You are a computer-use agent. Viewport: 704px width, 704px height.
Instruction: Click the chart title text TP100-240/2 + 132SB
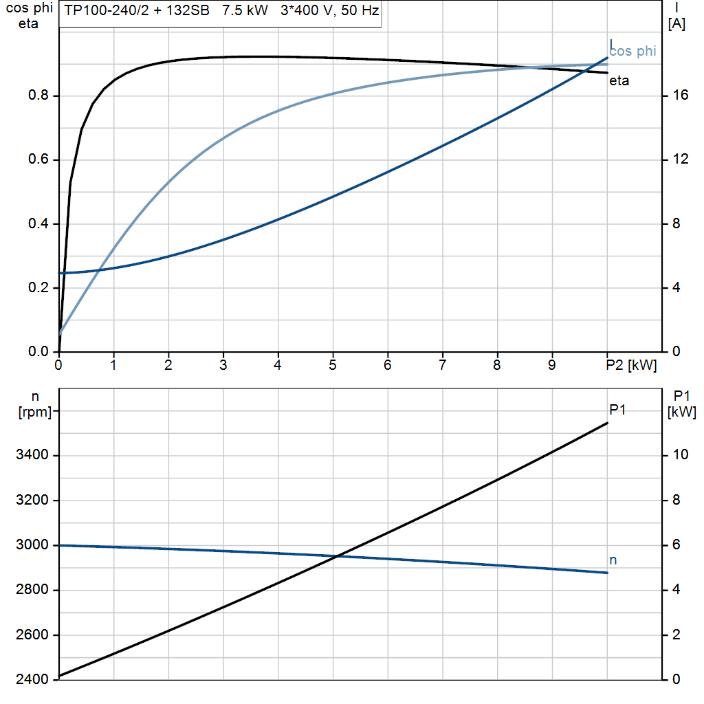137,12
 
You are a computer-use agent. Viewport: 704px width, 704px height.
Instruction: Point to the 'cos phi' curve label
633,51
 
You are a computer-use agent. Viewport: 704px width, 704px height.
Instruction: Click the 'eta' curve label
619,81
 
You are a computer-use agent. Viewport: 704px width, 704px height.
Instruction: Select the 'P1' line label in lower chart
617,410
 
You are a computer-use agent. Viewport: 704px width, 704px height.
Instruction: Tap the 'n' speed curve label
613,560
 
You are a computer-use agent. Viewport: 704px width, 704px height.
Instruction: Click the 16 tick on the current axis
681,96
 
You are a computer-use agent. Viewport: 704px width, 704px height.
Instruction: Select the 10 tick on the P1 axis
681,455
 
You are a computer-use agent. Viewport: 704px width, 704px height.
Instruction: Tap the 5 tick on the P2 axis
333,366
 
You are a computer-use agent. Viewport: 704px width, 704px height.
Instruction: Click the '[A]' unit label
676,24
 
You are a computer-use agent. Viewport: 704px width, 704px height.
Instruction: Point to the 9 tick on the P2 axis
552,366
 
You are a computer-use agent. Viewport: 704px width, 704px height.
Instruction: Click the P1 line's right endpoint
608,423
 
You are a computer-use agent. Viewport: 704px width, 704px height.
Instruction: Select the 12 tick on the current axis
681,159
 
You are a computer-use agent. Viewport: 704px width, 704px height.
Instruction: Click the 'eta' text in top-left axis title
29,24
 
